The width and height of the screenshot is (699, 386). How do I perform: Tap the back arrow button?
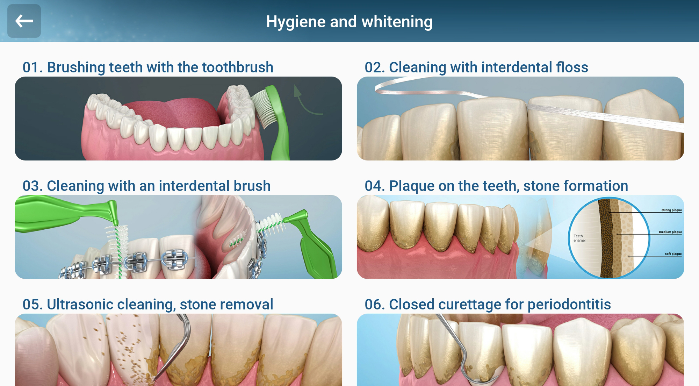tap(24, 21)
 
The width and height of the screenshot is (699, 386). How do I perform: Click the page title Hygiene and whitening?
tap(349, 22)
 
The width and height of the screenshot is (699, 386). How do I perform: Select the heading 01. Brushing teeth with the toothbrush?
tap(148, 67)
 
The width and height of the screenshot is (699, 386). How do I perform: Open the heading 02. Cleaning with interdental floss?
tap(476, 67)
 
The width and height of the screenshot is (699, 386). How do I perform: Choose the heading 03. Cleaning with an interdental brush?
tap(146, 186)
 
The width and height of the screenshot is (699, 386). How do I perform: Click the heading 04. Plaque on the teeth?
tap(496, 186)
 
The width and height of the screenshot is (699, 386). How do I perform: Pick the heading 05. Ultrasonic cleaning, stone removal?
tap(148, 304)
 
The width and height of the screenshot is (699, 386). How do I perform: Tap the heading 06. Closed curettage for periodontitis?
tap(488, 304)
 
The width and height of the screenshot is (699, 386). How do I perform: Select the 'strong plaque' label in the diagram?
tap(671, 210)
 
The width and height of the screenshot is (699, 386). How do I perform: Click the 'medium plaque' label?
tap(670, 232)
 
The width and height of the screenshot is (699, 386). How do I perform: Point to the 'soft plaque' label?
tap(673, 254)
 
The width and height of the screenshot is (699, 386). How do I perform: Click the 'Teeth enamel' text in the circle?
tap(579, 238)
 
